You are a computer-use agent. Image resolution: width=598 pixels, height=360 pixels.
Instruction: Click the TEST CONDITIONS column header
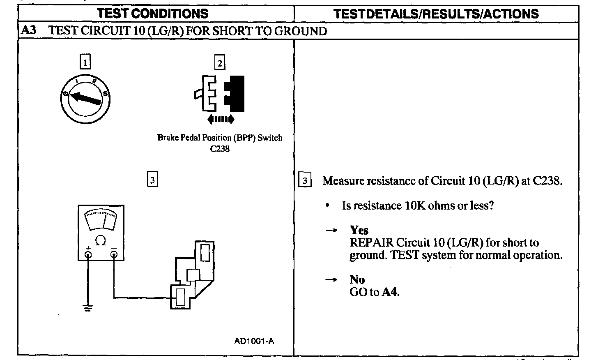click(x=152, y=14)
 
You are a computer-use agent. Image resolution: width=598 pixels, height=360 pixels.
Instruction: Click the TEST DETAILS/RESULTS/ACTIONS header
click(x=436, y=14)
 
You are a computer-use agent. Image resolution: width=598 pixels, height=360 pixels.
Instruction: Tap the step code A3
click(x=28, y=31)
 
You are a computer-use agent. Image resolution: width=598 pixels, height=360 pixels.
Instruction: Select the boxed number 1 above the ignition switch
click(x=85, y=63)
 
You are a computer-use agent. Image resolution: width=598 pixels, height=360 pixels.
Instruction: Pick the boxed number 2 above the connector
click(x=220, y=63)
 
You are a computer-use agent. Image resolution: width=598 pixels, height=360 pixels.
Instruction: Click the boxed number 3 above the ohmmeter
click(x=152, y=180)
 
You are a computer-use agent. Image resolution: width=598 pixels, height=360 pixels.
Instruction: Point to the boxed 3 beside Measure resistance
click(x=305, y=180)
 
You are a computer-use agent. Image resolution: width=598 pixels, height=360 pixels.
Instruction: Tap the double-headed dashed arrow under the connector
click(x=221, y=119)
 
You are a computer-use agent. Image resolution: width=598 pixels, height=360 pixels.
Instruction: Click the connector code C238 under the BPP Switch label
click(x=220, y=149)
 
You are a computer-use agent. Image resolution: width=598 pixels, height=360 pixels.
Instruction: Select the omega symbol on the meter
click(x=100, y=240)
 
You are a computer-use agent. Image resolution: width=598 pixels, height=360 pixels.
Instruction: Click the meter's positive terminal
click(x=88, y=254)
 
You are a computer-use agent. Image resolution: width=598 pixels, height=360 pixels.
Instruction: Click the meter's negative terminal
click(x=114, y=254)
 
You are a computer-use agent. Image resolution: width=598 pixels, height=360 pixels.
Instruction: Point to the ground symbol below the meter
click(x=87, y=308)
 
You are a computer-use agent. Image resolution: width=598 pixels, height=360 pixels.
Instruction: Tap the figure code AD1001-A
click(x=254, y=341)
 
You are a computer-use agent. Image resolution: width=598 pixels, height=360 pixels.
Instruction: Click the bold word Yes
click(x=359, y=230)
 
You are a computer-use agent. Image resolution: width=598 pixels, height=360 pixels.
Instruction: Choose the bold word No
click(x=357, y=279)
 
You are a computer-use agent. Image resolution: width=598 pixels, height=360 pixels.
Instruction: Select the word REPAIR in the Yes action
click(x=371, y=242)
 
